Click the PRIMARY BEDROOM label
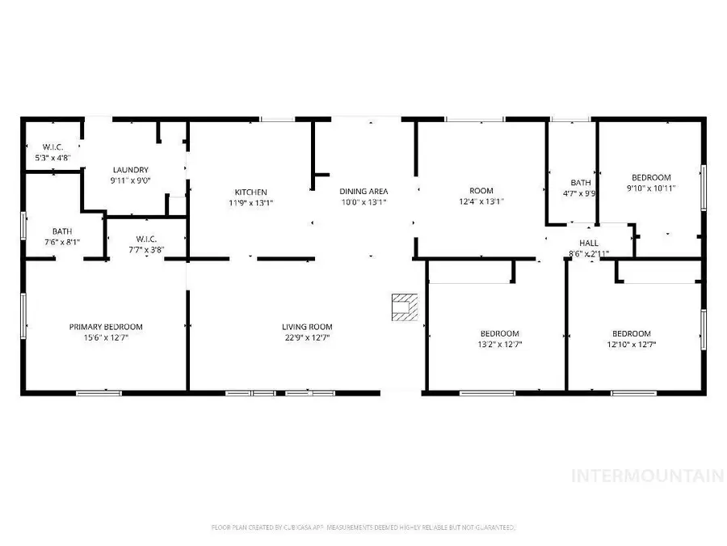(106, 327)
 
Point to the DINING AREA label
(363, 191)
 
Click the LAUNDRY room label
(130, 170)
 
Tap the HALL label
(588, 243)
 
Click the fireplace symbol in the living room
(401, 307)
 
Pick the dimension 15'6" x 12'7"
(106, 338)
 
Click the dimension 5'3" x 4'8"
(53, 158)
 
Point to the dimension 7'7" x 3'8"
(146, 250)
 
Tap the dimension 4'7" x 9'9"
(581, 193)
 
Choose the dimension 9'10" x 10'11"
(651, 188)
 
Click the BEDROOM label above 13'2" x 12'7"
(500, 333)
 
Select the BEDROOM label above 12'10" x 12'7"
(631, 333)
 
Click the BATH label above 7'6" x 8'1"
(62, 231)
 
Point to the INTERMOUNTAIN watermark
(647, 476)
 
